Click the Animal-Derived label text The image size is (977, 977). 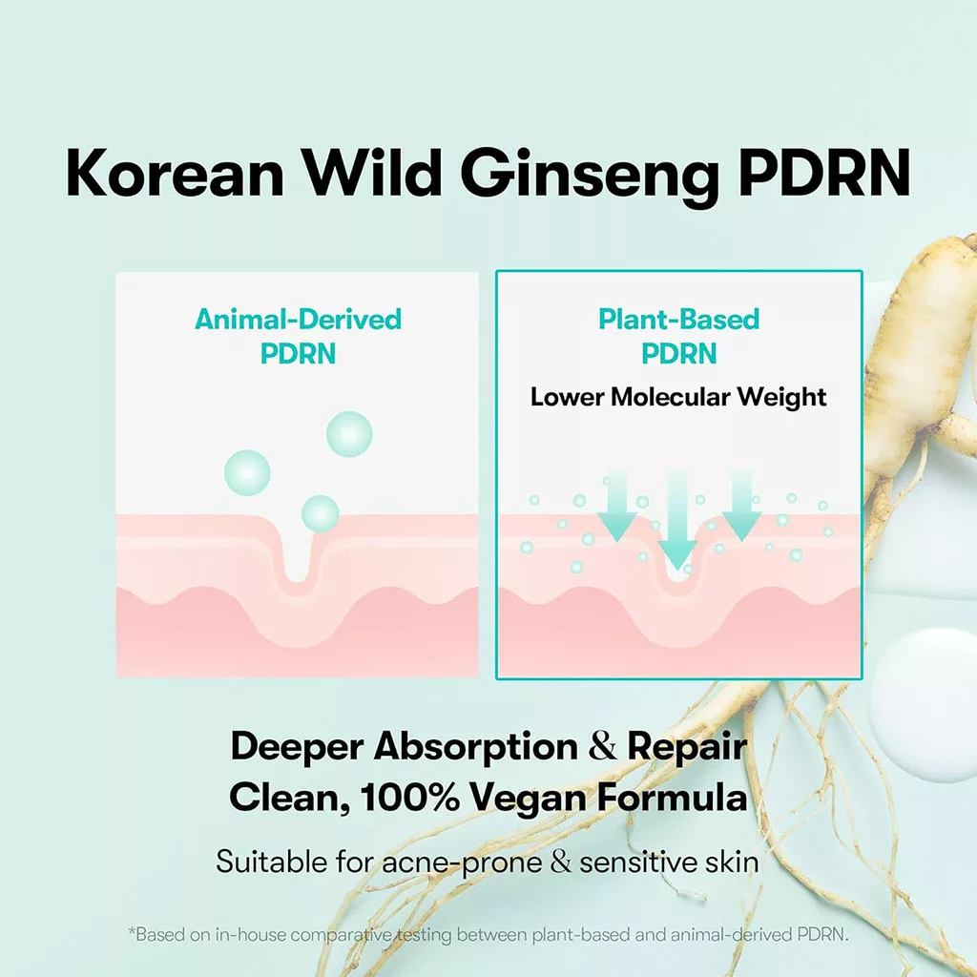point(298,319)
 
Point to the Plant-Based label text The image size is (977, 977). point(678,319)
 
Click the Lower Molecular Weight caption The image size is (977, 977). point(678,398)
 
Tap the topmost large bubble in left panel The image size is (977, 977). point(349,434)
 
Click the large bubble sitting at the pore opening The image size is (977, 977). point(321,513)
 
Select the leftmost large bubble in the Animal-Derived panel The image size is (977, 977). point(247,473)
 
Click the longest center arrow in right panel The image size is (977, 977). point(677,520)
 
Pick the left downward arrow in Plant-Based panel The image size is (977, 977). point(617,507)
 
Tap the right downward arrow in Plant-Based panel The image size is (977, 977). point(741,506)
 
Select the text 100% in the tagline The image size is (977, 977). point(409,797)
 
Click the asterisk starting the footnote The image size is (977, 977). point(132,931)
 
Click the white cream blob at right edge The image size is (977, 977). point(925,704)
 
